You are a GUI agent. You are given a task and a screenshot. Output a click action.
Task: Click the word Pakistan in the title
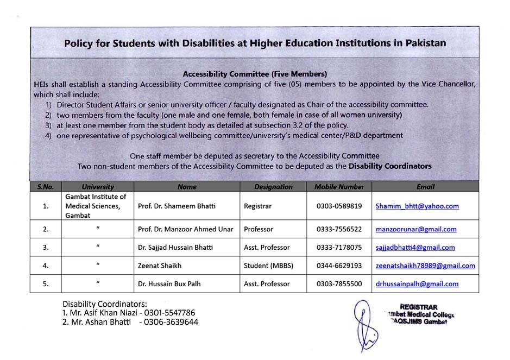(x=426, y=43)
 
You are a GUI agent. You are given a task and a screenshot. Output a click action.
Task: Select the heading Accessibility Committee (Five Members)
(x=255, y=73)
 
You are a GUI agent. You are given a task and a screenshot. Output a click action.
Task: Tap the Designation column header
(x=273, y=187)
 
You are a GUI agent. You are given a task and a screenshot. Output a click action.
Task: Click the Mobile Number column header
(x=339, y=187)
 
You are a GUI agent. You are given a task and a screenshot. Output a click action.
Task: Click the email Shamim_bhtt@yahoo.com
(x=417, y=206)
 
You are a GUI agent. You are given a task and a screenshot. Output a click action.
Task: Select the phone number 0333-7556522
(x=339, y=230)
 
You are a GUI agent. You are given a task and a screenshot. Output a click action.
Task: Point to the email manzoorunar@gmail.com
(x=416, y=230)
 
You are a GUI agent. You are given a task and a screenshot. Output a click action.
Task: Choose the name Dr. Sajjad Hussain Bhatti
(x=175, y=248)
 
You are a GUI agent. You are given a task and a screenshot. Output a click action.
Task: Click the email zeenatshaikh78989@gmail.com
(x=425, y=266)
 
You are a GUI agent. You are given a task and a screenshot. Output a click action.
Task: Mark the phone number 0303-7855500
(x=339, y=284)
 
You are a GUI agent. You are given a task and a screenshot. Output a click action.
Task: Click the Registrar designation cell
(x=258, y=206)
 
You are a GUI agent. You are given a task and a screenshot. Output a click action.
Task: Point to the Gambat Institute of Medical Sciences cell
(x=96, y=206)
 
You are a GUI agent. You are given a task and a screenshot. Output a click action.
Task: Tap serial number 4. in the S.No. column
(x=46, y=266)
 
